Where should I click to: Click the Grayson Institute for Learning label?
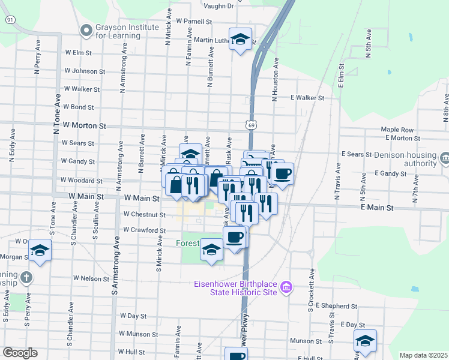[118, 31]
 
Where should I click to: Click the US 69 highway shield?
[250, 124]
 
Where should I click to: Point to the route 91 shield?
[10, 20]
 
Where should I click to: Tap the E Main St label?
[376, 207]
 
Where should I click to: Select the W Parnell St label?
[194, 21]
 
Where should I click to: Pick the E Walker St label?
[307, 97]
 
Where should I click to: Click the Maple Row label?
[397, 130]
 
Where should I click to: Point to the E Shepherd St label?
[336, 305]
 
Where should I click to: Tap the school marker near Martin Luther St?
[241, 40]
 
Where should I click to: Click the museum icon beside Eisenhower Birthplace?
[286, 288]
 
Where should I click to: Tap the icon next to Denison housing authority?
[445, 158]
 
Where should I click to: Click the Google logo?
[20, 353]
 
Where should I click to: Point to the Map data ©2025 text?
[423, 355]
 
